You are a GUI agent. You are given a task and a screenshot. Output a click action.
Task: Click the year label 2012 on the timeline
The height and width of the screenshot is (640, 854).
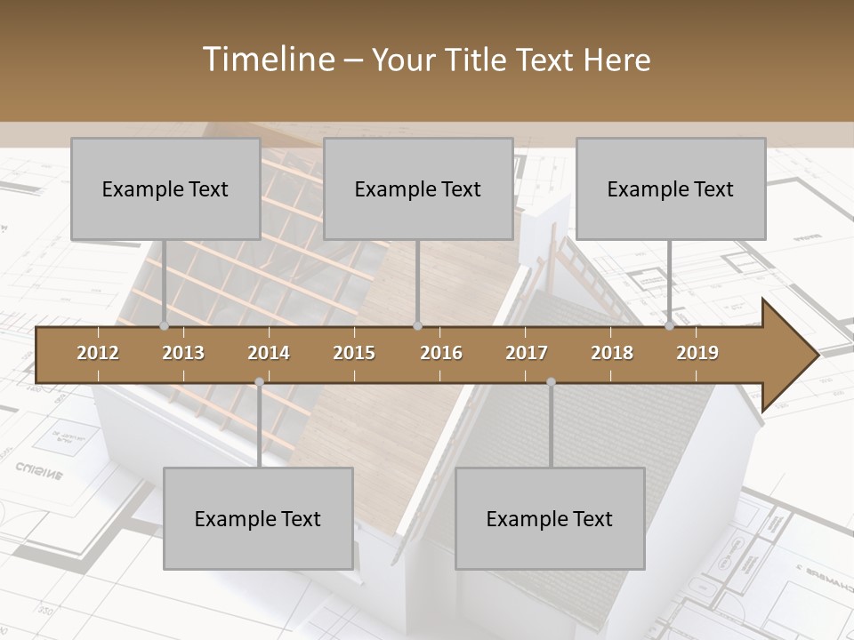click(98, 353)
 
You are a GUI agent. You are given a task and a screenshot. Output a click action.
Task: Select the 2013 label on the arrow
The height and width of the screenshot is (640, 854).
click(183, 353)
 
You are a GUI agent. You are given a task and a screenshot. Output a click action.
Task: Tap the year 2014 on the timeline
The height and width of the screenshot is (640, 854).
click(269, 353)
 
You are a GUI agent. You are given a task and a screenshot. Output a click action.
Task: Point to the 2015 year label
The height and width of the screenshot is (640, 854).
click(354, 353)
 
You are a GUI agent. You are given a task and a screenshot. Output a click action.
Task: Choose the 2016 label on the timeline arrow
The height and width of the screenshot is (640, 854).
click(441, 353)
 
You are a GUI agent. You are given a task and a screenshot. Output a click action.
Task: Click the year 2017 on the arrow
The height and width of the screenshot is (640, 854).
click(527, 353)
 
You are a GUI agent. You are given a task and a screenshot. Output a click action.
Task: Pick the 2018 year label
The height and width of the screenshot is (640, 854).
click(612, 353)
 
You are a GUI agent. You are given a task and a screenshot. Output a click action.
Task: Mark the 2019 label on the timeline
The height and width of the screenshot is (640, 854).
click(697, 353)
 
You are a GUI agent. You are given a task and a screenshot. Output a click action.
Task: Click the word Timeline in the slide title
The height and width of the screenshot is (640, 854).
click(266, 60)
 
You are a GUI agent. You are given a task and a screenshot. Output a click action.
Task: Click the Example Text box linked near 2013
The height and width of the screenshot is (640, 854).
click(165, 188)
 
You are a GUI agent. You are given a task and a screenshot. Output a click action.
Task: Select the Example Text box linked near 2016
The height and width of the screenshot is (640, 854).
click(418, 188)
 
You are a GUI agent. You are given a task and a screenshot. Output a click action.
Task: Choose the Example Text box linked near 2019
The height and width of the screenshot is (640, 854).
click(671, 188)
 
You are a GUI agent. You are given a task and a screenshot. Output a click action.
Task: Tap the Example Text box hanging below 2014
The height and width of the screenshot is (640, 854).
click(258, 518)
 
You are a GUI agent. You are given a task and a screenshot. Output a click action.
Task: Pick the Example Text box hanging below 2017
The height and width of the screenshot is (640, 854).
click(550, 518)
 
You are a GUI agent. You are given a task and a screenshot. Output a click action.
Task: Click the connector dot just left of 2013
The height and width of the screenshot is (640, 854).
click(165, 326)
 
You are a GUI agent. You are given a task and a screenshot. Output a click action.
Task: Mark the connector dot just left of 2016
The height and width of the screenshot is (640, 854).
click(418, 326)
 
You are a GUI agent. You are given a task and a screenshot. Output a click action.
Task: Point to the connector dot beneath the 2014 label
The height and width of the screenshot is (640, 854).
click(259, 382)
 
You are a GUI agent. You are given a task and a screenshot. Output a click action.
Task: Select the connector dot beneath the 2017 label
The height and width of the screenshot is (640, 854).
click(551, 382)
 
